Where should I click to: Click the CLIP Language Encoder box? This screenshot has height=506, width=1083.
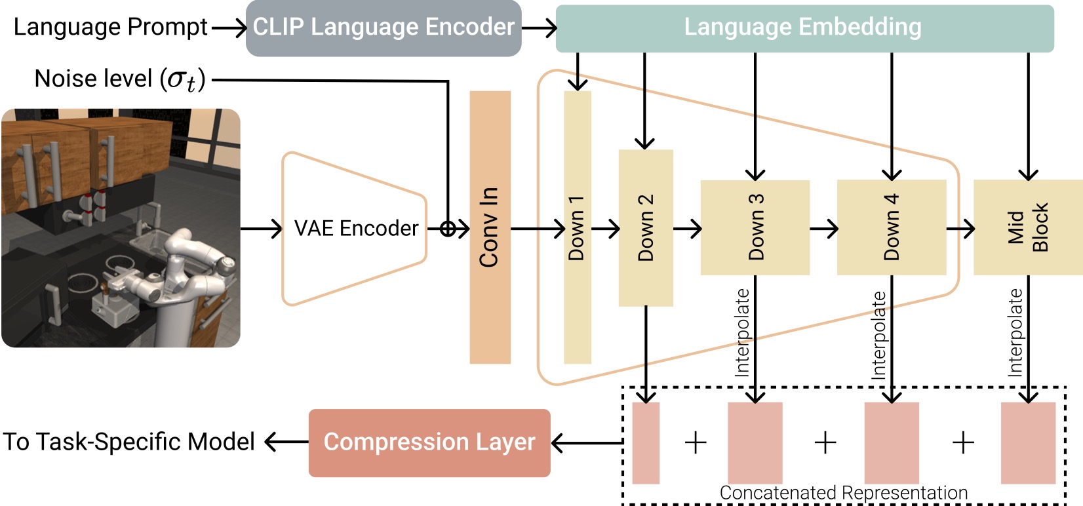coord(384,28)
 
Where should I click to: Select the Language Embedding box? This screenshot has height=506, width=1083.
coord(804,28)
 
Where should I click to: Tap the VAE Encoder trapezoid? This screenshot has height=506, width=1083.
coord(355,229)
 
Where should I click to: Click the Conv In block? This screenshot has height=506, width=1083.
coord(490,227)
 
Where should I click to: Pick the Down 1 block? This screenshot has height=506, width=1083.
coord(577,227)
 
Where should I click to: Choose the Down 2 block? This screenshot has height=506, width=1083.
coord(646,227)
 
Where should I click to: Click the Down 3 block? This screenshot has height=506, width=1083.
coord(755,227)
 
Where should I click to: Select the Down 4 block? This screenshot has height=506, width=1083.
coord(892,227)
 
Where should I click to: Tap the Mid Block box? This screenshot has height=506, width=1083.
coord(1027,227)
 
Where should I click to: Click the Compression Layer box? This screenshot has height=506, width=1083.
coord(429,442)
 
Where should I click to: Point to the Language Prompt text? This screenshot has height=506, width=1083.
coord(110,27)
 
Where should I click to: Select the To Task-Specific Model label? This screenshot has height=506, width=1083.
coord(128,442)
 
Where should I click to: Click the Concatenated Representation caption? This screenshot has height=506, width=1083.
coord(843,493)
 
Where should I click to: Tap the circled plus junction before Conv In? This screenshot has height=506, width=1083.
coord(448,229)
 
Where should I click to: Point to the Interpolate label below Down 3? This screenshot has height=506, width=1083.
coord(742,332)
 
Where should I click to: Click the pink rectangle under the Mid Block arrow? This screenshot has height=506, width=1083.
coord(1028,443)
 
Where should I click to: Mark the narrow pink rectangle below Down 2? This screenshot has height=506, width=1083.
coord(646,443)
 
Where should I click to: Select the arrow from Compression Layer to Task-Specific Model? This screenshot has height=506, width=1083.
coord(286,442)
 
